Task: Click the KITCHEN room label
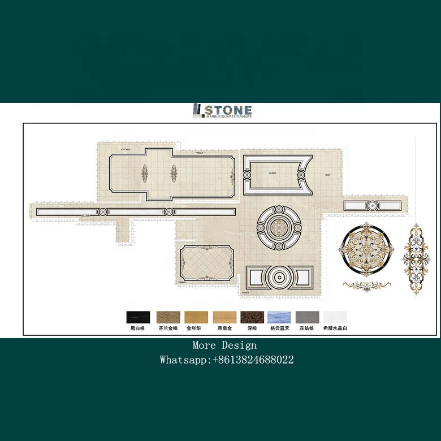126,149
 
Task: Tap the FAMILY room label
199,153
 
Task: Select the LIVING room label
272,174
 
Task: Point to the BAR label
327,175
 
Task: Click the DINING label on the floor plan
183,281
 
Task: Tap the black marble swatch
137,317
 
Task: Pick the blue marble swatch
279,317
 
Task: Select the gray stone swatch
308,317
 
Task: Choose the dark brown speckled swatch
251,317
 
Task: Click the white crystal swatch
335,317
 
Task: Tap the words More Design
224,345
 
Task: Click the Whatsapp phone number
253,360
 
